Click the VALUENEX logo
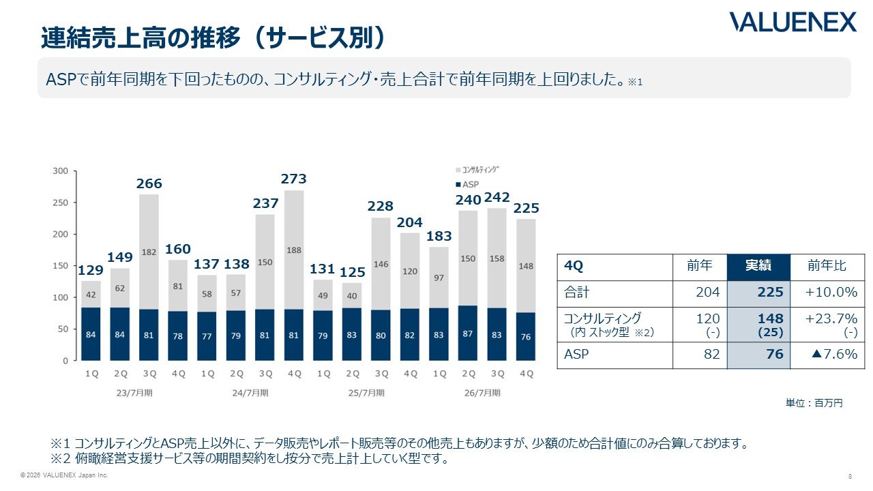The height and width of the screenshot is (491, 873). point(793,22)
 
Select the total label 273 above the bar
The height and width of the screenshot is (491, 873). point(294,179)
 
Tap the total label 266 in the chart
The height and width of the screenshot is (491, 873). point(149,183)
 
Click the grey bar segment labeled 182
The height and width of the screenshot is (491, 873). point(149,252)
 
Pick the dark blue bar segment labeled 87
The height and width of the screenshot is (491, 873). point(468,333)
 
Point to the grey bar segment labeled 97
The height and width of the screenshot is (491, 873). point(439,278)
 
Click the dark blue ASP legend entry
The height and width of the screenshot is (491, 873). point(467,184)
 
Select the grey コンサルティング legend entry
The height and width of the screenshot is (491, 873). point(477,170)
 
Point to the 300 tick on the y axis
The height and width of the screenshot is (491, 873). point(61,171)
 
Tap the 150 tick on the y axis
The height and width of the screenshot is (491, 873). point(61,266)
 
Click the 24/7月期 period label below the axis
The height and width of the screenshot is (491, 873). point(250,393)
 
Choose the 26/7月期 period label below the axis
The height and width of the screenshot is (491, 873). point(482,393)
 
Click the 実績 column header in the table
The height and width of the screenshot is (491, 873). point(758,267)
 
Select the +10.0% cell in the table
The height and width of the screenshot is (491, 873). point(831,293)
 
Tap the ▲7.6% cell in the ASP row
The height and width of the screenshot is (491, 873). point(834,354)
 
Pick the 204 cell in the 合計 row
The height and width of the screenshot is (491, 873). point(708,293)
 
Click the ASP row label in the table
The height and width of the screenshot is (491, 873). point(576,354)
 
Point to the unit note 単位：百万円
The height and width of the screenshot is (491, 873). point(814,403)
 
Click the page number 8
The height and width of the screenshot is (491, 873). point(850,476)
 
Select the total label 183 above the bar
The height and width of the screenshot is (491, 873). point(439,236)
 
